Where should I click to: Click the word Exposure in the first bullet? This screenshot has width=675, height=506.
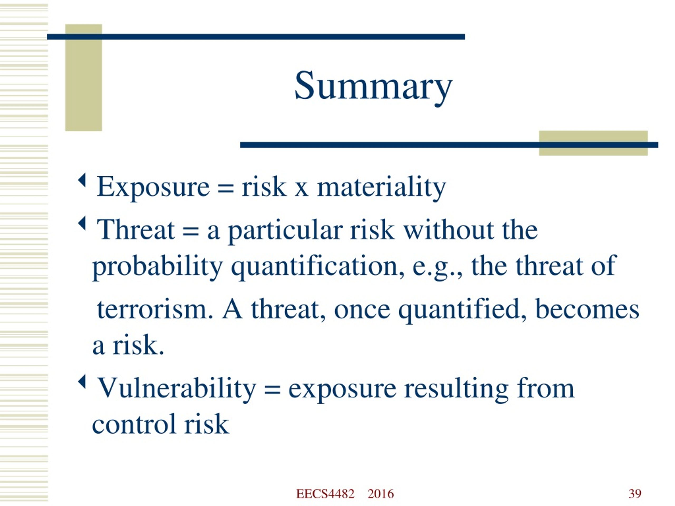tap(153, 186)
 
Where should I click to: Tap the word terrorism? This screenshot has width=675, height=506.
tap(155, 310)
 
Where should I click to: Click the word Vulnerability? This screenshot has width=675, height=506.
tap(176, 389)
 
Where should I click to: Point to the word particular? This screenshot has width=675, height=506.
tap(285, 232)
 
